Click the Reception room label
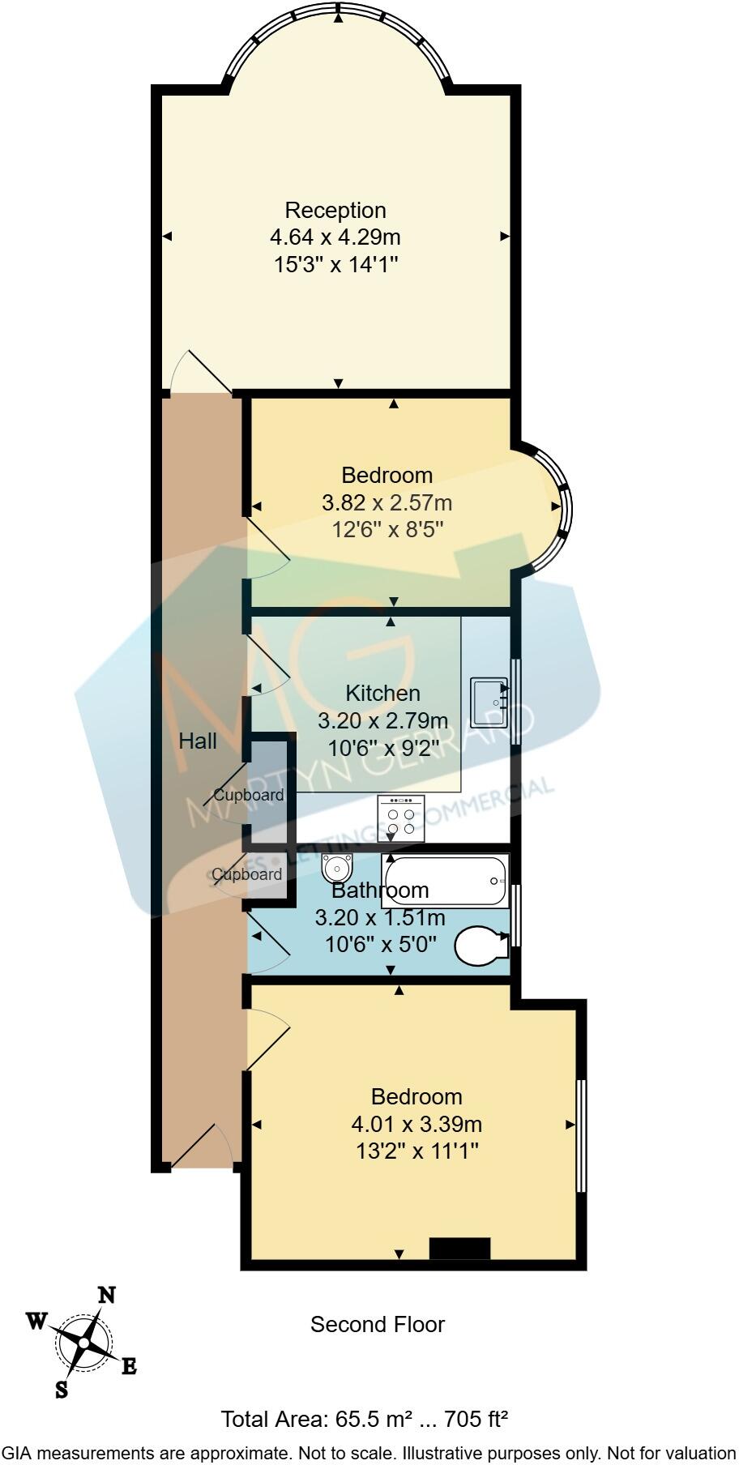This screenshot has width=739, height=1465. point(335,211)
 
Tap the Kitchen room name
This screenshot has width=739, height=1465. point(382,694)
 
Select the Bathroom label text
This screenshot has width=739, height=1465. point(380,891)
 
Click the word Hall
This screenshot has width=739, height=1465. point(198,741)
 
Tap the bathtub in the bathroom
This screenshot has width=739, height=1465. point(444,881)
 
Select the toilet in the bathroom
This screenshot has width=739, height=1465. point(480,945)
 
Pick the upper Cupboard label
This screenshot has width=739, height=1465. point(249,795)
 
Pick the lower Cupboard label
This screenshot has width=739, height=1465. point(247,874)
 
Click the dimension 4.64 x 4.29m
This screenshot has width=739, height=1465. point(335,238)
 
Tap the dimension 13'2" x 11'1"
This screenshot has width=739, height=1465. point(416,1151)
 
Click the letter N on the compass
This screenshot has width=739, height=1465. point(106,1296)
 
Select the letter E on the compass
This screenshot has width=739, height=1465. point(129,1368)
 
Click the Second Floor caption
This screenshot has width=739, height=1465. point(378,1325)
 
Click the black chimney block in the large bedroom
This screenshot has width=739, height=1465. point(459,1249)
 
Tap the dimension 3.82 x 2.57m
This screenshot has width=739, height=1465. point(387,503)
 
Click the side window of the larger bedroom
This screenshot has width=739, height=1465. point(580,1135)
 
